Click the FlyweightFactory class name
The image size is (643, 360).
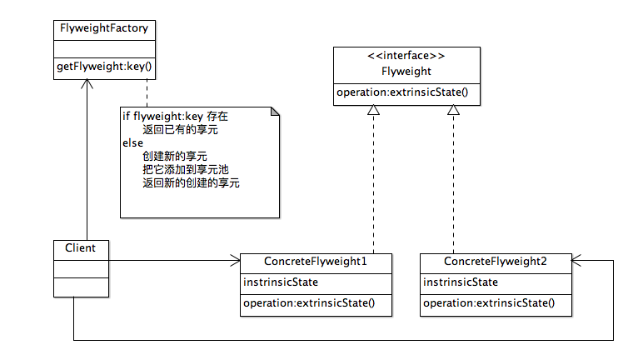[104, 28]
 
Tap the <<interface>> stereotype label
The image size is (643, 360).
[406, 56]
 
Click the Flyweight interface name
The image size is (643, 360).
[406, 72]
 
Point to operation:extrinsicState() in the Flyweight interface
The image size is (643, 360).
[402, 92]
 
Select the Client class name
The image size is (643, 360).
[80, 248]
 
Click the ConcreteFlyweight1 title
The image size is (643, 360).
[316, 262]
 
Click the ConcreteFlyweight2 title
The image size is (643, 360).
[496, 262]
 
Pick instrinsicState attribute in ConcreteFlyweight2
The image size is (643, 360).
[461, 282]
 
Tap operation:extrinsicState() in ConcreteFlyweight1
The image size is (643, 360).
[309, 303]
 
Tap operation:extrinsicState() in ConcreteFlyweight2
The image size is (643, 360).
[489, 303]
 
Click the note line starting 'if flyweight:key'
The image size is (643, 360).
[175, 116]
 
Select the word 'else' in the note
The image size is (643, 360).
[132, 142]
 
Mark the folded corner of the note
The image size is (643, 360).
[274, 112]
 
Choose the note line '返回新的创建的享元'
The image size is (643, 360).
[191, 182]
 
